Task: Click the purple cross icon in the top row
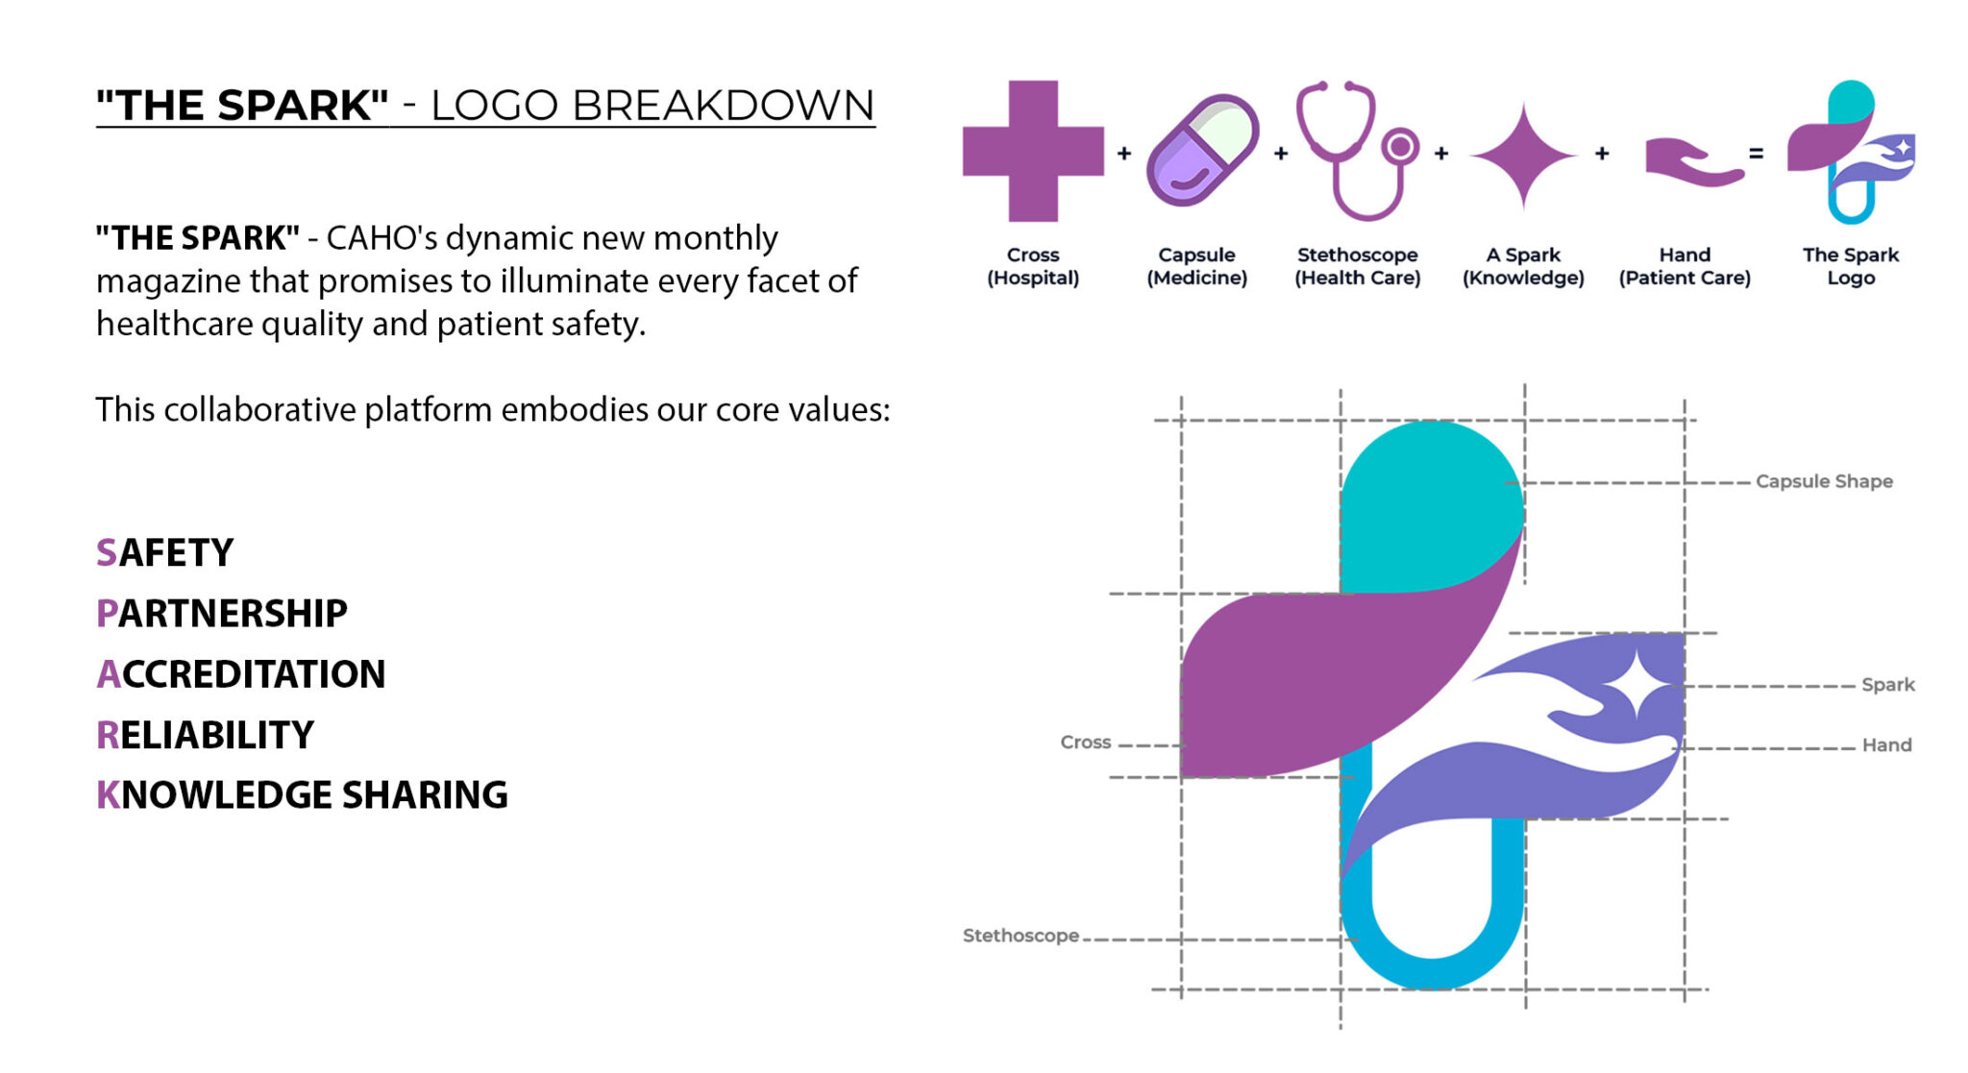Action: pos(1033,151)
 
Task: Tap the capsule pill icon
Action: pos(1202,150)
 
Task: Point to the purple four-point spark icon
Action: pos(1523,155)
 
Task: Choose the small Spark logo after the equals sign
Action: pos(1851,152)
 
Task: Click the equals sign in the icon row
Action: pos(1757,153)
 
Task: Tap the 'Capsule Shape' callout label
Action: pos(1824,481)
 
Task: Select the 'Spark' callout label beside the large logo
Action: pos(1888,685)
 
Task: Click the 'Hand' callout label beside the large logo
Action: pos(1886,744)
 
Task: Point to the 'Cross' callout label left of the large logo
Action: pos(1085,743)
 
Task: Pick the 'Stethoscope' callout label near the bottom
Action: pos(1021,936)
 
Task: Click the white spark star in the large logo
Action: pos(1639,684)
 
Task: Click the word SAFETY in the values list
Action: pos(164,553)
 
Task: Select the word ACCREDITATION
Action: pos(241,674)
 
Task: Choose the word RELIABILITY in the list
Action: pos(205,735)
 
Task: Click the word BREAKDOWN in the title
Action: pos(723,106)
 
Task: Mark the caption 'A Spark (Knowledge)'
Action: pos(1523,266)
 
